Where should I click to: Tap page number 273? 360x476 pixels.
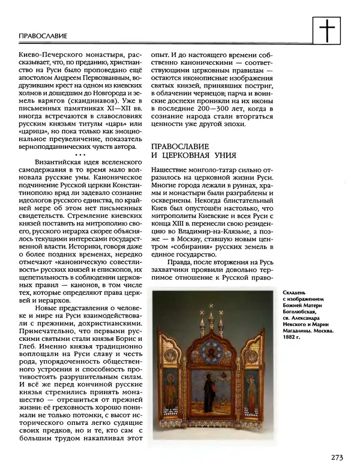[x=336, y=458]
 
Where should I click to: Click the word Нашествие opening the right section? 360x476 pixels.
[x=170, y=171]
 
